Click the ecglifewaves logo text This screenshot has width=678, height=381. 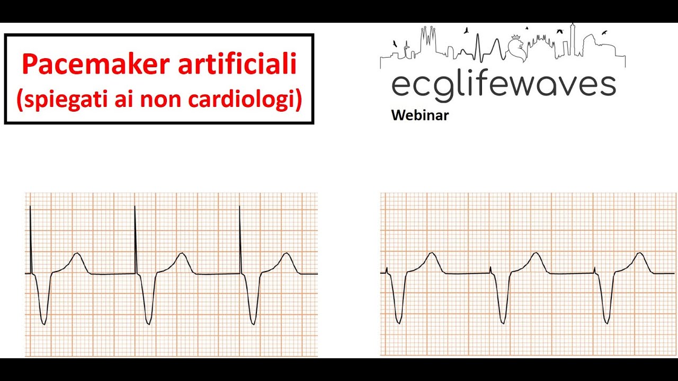coord(503,85)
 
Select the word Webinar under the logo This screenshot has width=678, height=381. coord(420,115)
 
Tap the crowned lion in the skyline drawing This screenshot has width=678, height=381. coord(515,47)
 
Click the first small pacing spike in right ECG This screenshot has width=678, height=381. coord(387,270)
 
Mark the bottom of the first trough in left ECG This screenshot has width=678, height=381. coord(44,323)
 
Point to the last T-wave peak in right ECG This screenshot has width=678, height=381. coord(641,253)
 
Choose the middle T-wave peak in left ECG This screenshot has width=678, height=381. coord(182,253)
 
